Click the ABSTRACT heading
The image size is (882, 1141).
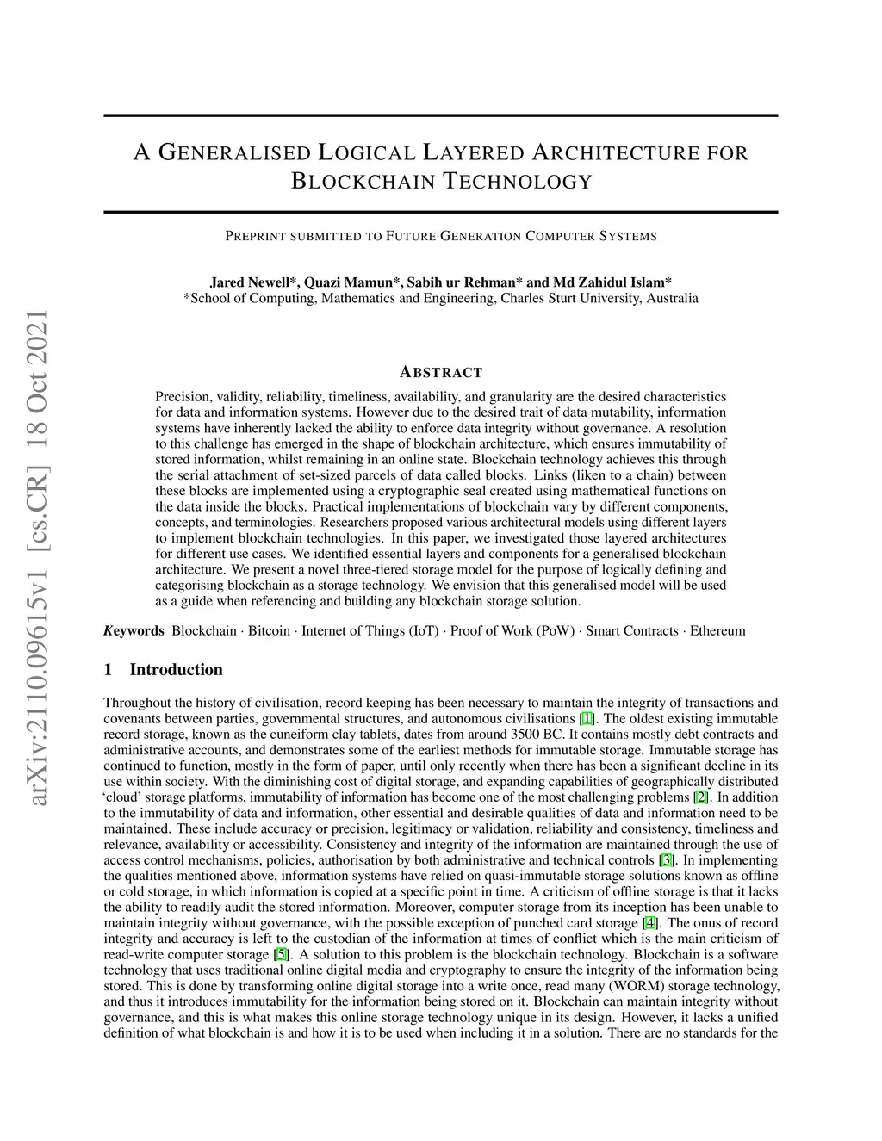[441, 373]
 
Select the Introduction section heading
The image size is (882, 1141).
[176, 670]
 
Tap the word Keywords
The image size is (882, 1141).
[134, 631]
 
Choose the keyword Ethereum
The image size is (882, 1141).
[717, 631]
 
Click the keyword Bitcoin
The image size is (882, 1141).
[269, 631]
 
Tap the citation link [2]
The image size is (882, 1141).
[701, 797]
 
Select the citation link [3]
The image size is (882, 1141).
[666, 860]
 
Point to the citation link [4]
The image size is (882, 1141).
[649, 923]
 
